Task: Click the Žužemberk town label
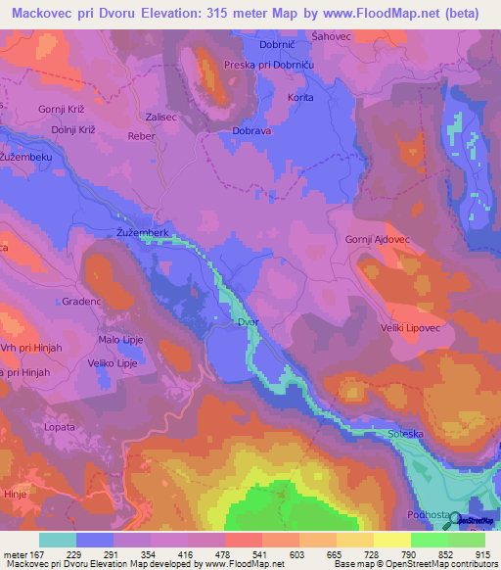[x=143, y=232]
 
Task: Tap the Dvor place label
[x=249, y=321]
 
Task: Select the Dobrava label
[x=252, y=131]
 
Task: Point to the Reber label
[x=143, y=137]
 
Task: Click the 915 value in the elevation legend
[x=484, y=554]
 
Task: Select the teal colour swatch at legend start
[x=57, y=540]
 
